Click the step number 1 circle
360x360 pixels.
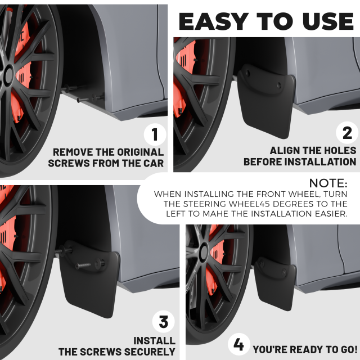(x=155, y=135)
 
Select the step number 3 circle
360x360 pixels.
(x=164, y=322)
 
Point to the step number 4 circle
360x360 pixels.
(x=238, y=344)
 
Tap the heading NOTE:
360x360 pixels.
(x=328, y=183)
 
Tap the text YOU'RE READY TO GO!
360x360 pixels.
(x=305, y=349)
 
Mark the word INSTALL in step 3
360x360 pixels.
(x=154, y=341)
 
